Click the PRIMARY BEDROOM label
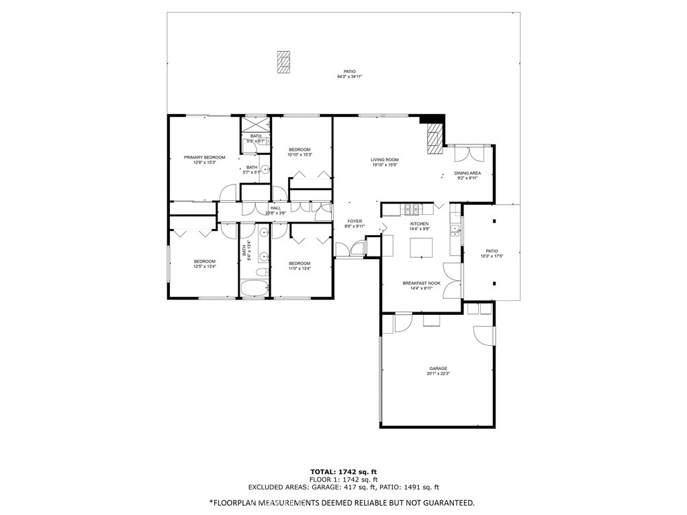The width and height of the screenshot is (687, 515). click(205, 157)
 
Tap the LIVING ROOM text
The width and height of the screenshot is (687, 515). click(385, 160)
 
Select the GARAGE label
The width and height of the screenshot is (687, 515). click(439, 368)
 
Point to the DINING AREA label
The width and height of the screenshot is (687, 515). click(468, 173)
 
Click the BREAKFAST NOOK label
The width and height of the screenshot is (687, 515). click(421, 283)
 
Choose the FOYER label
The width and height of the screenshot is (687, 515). click(355, 221)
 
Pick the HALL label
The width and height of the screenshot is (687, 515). click(275, 208)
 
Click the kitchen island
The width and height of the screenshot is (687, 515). click(420, 246)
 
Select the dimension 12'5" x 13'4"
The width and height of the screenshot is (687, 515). click(205, 267)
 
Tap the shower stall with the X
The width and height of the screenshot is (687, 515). click(255, 126)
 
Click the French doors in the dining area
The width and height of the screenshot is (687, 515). click(468, 154)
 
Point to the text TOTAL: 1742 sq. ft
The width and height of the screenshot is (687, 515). click(343, 471)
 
